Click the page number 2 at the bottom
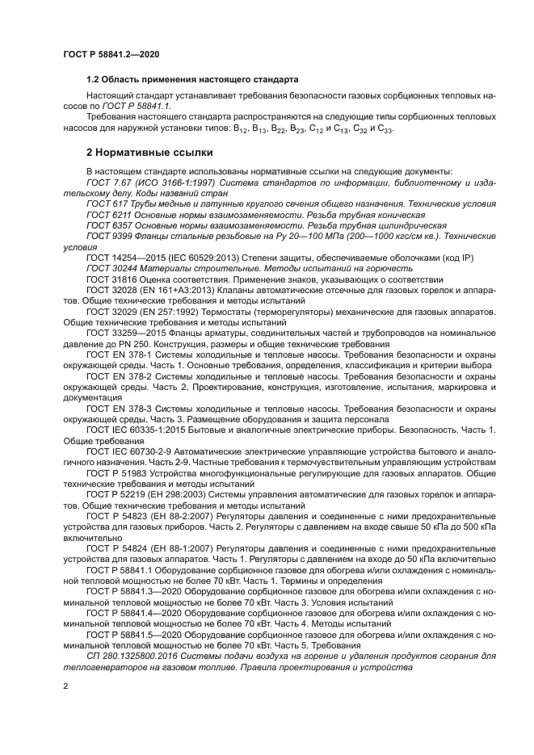(x=65, y=686)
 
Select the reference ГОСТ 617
(x=108, y=205)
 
